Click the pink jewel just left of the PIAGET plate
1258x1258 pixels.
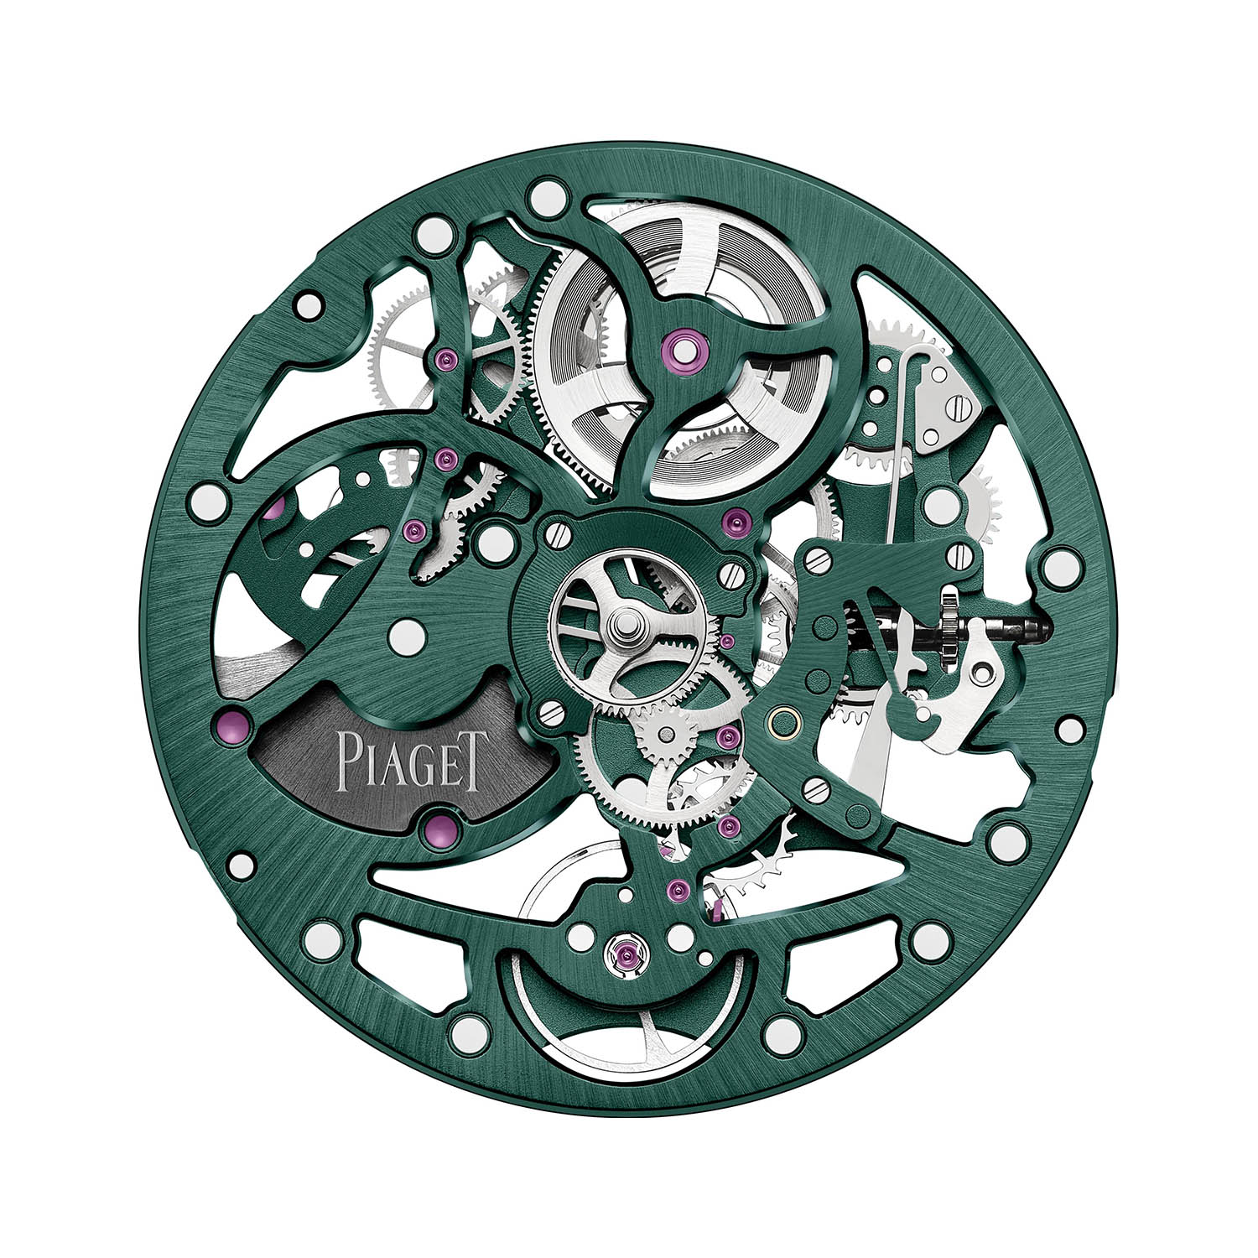click(x=237, y=723)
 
